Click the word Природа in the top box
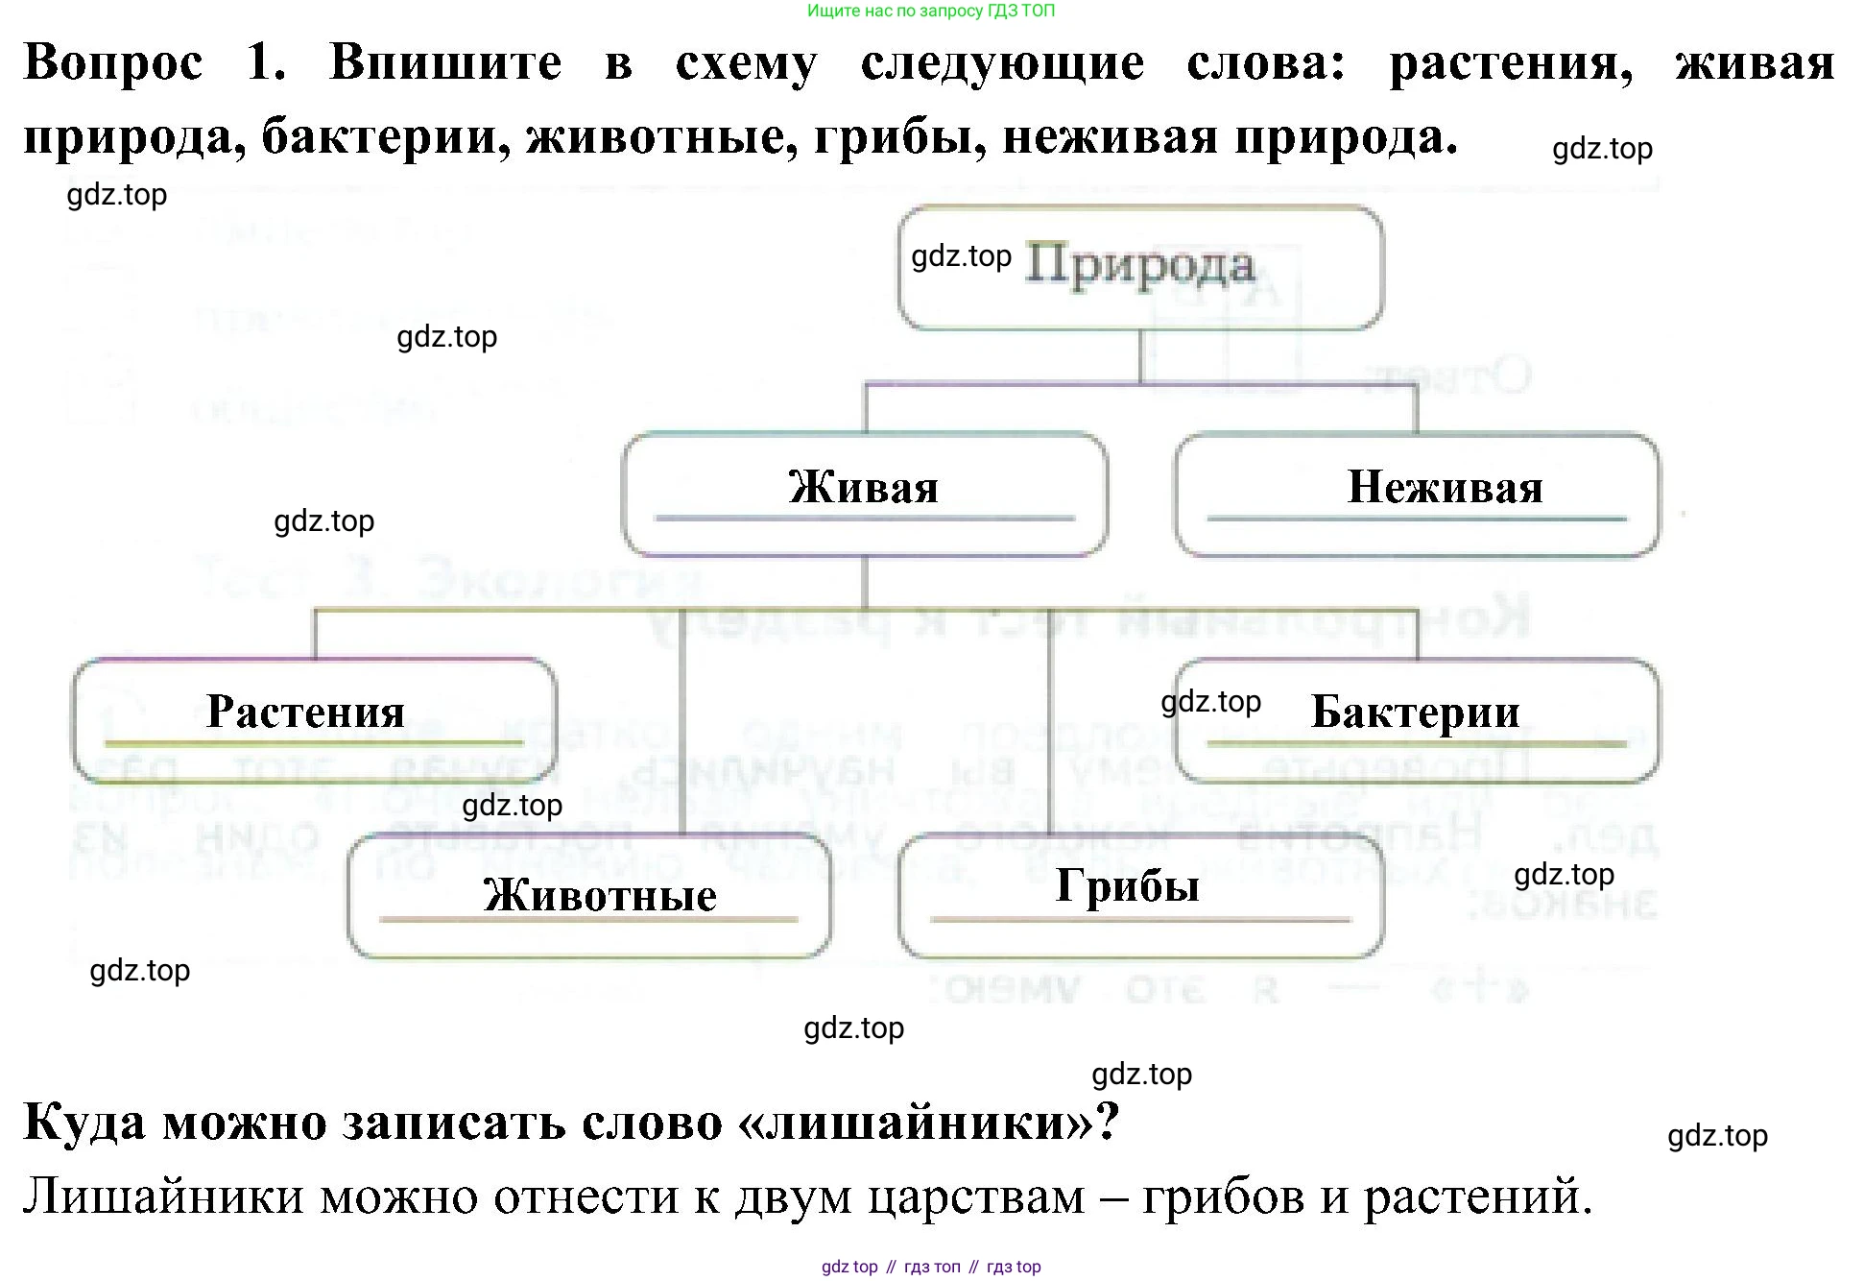coord(1139,265)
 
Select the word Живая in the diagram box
coord(863,487)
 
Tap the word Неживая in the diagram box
coord(1445,487)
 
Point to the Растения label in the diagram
coord(305,712)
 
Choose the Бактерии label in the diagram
coord(1415,712)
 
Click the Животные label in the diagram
coord(600,895)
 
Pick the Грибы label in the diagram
coord(1127,885)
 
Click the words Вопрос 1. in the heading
coord(154,63)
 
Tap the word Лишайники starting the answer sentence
coord(163,1196)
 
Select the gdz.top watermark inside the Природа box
coord(961,256)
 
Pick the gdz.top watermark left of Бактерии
coord(1210,702)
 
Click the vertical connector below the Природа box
coord(1140,356)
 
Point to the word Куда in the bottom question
coord(84,1121)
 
